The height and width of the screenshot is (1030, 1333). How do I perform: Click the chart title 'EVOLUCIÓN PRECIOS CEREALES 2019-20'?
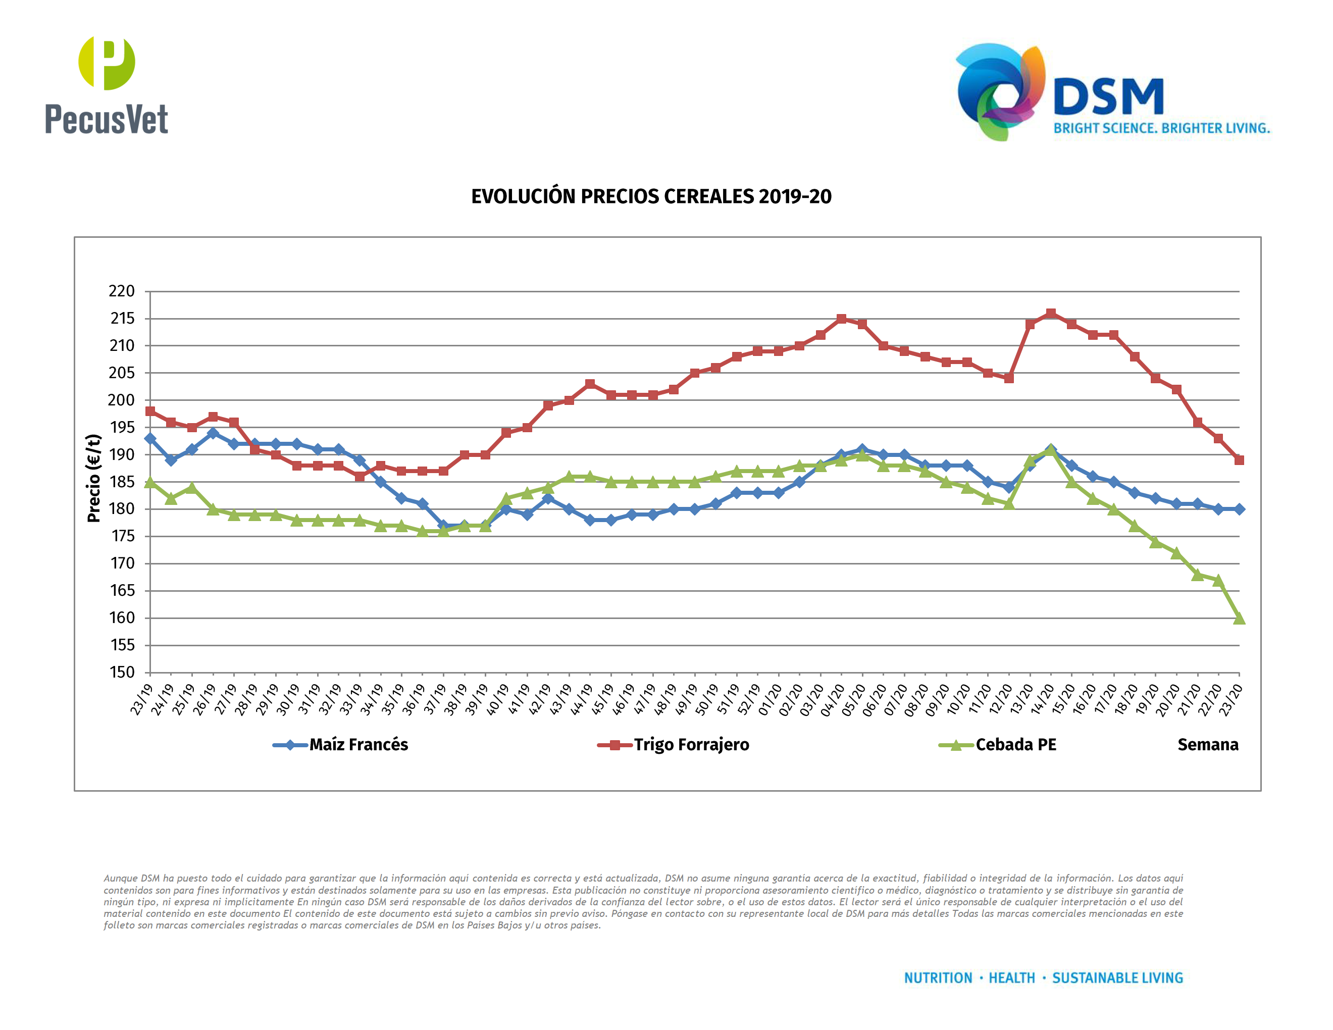point(651,196)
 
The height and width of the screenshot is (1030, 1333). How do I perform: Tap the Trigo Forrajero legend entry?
point(690,744)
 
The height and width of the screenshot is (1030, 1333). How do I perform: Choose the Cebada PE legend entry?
point(1015,744)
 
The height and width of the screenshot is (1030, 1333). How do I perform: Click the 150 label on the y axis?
point(122,672)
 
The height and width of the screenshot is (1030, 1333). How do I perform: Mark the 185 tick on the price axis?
point(122,482)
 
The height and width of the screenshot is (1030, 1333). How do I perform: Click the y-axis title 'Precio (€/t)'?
point(93,478)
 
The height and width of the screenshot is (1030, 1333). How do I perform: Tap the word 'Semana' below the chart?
point(1207,744)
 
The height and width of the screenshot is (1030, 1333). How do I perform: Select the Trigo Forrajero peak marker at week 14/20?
point(1050,314)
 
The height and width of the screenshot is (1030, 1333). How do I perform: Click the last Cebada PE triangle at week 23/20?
point(1239,618)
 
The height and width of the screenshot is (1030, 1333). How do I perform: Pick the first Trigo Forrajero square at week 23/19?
point(150,411)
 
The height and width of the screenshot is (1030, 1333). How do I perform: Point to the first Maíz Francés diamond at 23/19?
point(150,439)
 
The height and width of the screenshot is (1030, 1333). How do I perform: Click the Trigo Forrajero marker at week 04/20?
point(841,319)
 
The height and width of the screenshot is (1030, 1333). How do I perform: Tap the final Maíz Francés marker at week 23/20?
point(1239,509)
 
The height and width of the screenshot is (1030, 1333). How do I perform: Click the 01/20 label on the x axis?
point(770,699)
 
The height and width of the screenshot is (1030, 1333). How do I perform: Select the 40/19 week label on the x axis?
point(497,699)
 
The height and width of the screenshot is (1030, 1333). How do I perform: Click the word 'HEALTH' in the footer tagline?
point(1011,978)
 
